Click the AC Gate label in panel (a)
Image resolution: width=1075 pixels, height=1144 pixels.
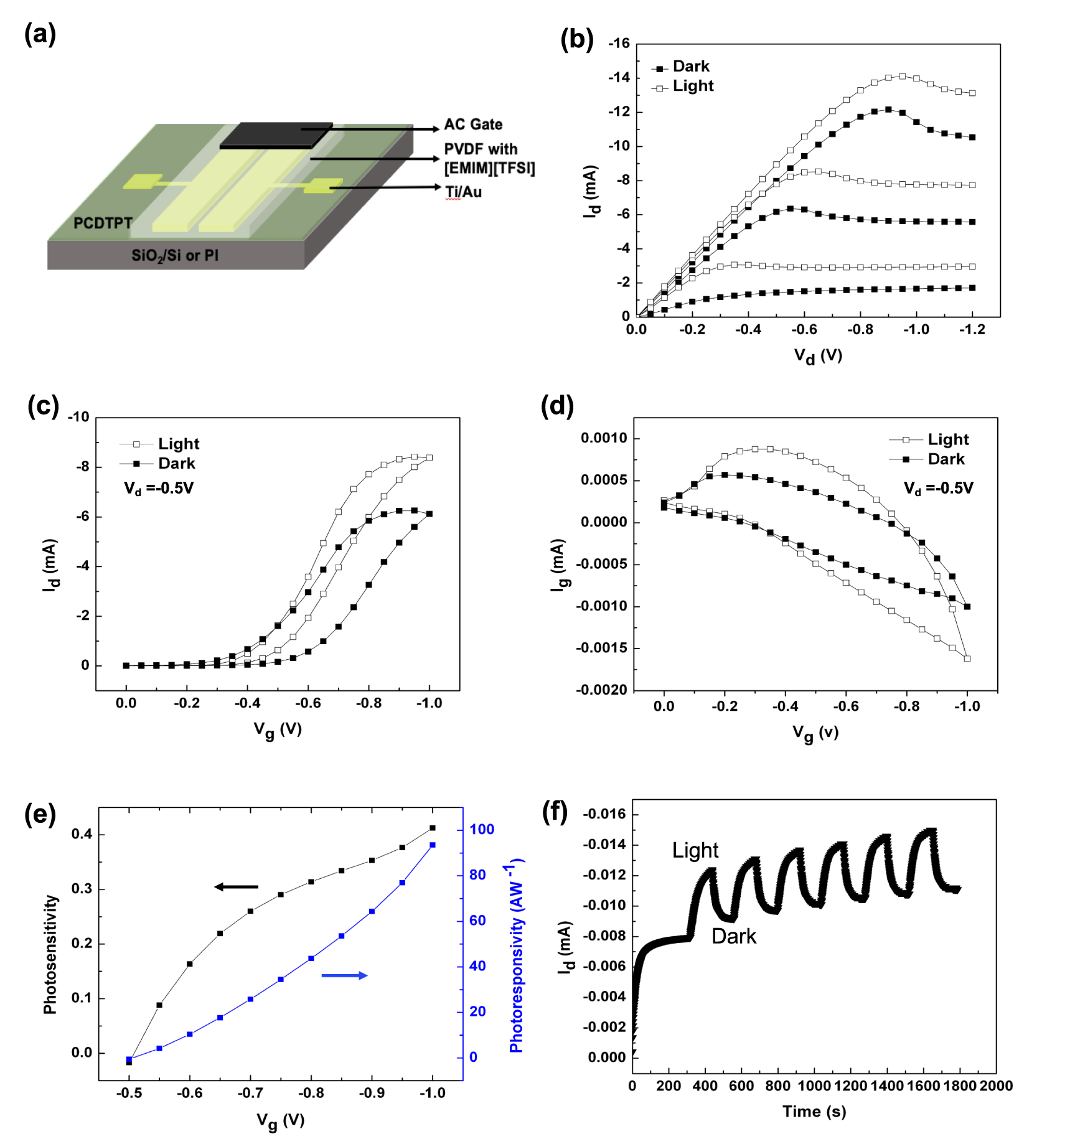pyautogui.click(x=472, y=124)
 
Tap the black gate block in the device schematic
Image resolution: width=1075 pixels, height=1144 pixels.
pyautogui.click(x=276, y=134)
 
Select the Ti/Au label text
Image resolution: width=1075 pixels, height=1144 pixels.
pyautogui.click(x=463, y=192)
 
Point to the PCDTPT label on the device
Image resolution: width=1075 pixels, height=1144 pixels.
pyautogui.click(x=103, y=223)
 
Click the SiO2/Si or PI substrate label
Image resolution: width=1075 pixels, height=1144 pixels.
pyautogui.click(x=175, y=255)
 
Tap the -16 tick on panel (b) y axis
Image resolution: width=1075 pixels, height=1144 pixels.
pyautogui.click(x=619, y=44)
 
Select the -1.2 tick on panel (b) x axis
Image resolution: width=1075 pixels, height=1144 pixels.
pyautogui.click(x=972, y=330)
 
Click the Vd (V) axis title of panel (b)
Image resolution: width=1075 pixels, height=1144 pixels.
pyautogui.click(x=817, y=356)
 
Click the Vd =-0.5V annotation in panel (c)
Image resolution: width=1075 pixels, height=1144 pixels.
pyautogui.click(x=159, y=488)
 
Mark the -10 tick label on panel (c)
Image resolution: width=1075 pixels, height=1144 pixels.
pyautogui.click(x=78, y=417)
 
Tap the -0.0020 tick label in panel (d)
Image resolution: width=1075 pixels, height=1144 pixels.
pyautogui.click(x=601, y=690)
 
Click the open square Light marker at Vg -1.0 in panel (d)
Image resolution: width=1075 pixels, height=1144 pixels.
pyautogui.click(x=967, y=659)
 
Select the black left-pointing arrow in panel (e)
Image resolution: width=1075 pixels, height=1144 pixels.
pyautogui.click(x=236, y=886)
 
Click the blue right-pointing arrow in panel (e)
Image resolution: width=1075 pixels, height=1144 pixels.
pyautogui.click(x=344, y=975)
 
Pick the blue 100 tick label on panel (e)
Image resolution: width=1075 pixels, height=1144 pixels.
pyautogui.click(x=482, y=829)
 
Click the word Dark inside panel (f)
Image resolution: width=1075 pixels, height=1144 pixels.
pyautogui.click(x=733, y=936)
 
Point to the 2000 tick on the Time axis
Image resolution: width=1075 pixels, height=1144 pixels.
pyautogui.click(x=996, y=1086)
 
